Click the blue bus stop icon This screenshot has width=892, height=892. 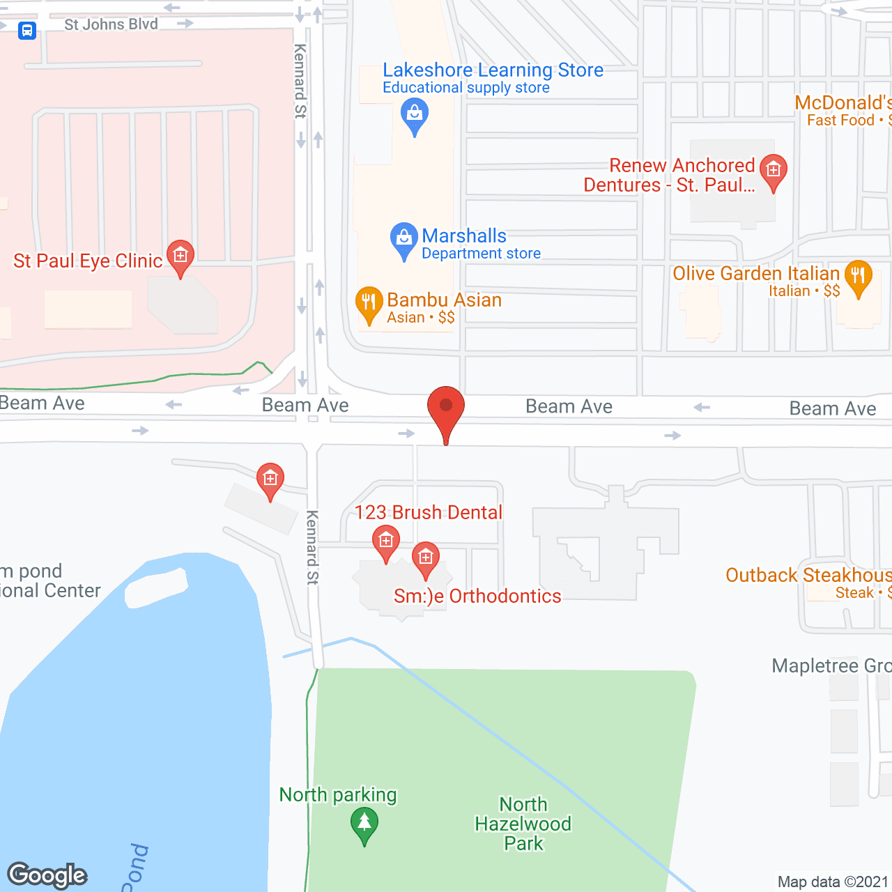coord(27,31)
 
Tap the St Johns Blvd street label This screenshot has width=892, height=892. coord(111,24)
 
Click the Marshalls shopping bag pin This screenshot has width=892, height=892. coord(403,240)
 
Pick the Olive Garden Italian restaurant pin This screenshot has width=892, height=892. coord(858,277)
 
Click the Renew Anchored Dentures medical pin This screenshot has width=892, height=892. coord(773,171)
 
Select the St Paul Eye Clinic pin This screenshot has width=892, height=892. coord(180,257)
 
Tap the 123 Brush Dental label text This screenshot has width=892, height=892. coord(428,512)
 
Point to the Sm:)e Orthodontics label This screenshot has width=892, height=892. coord(477,597)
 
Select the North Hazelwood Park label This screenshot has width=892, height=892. coord(523,824)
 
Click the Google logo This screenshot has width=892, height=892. coord(47,875)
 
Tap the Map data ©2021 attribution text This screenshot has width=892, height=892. coord(832,882)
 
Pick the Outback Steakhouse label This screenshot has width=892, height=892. coord(808,576)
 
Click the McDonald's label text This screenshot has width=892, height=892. coord(843,103)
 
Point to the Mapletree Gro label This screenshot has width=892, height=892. coord(831,666)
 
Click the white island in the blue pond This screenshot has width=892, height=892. coord(156,587)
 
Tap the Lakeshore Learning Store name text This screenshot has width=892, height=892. coord(493,70)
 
